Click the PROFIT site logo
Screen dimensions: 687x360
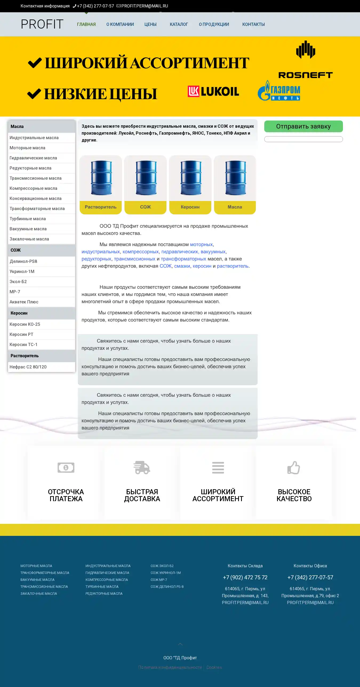click(42, 24)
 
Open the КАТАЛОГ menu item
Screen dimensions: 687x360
click(179, 24)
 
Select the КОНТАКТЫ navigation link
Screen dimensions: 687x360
click(253, 24)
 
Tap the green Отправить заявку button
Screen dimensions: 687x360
click(303, 126)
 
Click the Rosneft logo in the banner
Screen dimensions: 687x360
click(306, 60)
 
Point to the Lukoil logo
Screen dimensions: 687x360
click(213, 91)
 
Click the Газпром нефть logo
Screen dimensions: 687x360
click(279, 91)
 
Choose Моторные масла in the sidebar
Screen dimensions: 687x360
click(27, 148)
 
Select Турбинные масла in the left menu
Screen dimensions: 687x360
click(28, 219)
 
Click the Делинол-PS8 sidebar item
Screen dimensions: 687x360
click(23, 261)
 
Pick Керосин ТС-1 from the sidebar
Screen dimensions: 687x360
click(23, 345)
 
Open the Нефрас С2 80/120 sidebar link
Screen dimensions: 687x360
click(28, 367)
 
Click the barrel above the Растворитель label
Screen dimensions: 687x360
click(101, 178)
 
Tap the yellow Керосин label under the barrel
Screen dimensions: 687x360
click(190, 207)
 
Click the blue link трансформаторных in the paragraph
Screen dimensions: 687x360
click(183, 259)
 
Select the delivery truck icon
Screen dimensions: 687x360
click(142, 468)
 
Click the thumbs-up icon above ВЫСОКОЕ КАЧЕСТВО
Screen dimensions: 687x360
click(294, 468)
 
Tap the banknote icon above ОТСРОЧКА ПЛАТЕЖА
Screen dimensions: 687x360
click(66, 468)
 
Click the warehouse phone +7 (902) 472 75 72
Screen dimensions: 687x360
click(245, 577)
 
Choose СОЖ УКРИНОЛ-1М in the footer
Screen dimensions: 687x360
click(165, 573)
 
